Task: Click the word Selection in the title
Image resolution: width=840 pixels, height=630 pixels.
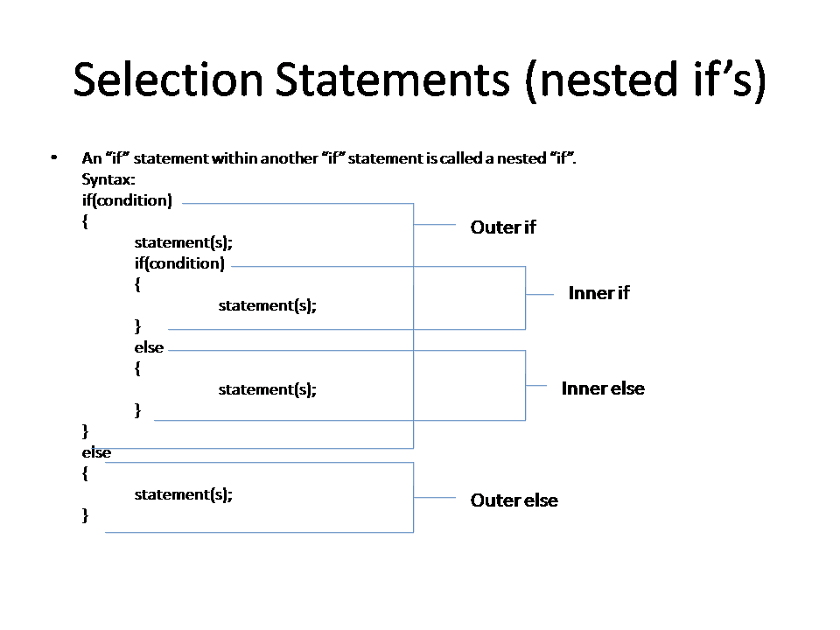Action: coord(168,80)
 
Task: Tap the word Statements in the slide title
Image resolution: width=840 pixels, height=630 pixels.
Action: coord(392,80)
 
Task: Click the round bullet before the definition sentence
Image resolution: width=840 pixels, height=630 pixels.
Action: coord(54,157)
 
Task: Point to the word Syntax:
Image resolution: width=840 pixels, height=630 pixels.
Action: coord(108,179)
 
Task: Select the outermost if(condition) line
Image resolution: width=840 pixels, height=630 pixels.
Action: coord(127,200)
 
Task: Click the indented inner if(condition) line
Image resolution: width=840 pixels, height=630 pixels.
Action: coord(179,263)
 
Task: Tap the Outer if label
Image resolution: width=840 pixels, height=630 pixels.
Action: coord(502,227)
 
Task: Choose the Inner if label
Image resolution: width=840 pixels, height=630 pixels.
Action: coord(598,293)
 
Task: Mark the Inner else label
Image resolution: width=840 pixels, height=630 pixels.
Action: coord(603,388)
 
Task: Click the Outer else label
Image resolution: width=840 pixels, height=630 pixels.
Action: coord(514,500)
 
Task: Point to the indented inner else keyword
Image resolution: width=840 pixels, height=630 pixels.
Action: coord(149,347)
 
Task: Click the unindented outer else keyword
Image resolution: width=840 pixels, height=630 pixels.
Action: coord(96,452)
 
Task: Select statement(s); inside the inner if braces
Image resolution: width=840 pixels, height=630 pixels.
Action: coord(267,305)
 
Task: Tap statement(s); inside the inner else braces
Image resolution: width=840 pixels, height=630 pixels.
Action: coord(267,389)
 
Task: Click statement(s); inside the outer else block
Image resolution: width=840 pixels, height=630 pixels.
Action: coord(183,494)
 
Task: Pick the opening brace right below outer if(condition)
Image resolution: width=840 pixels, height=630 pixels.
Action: coord(85,222)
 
